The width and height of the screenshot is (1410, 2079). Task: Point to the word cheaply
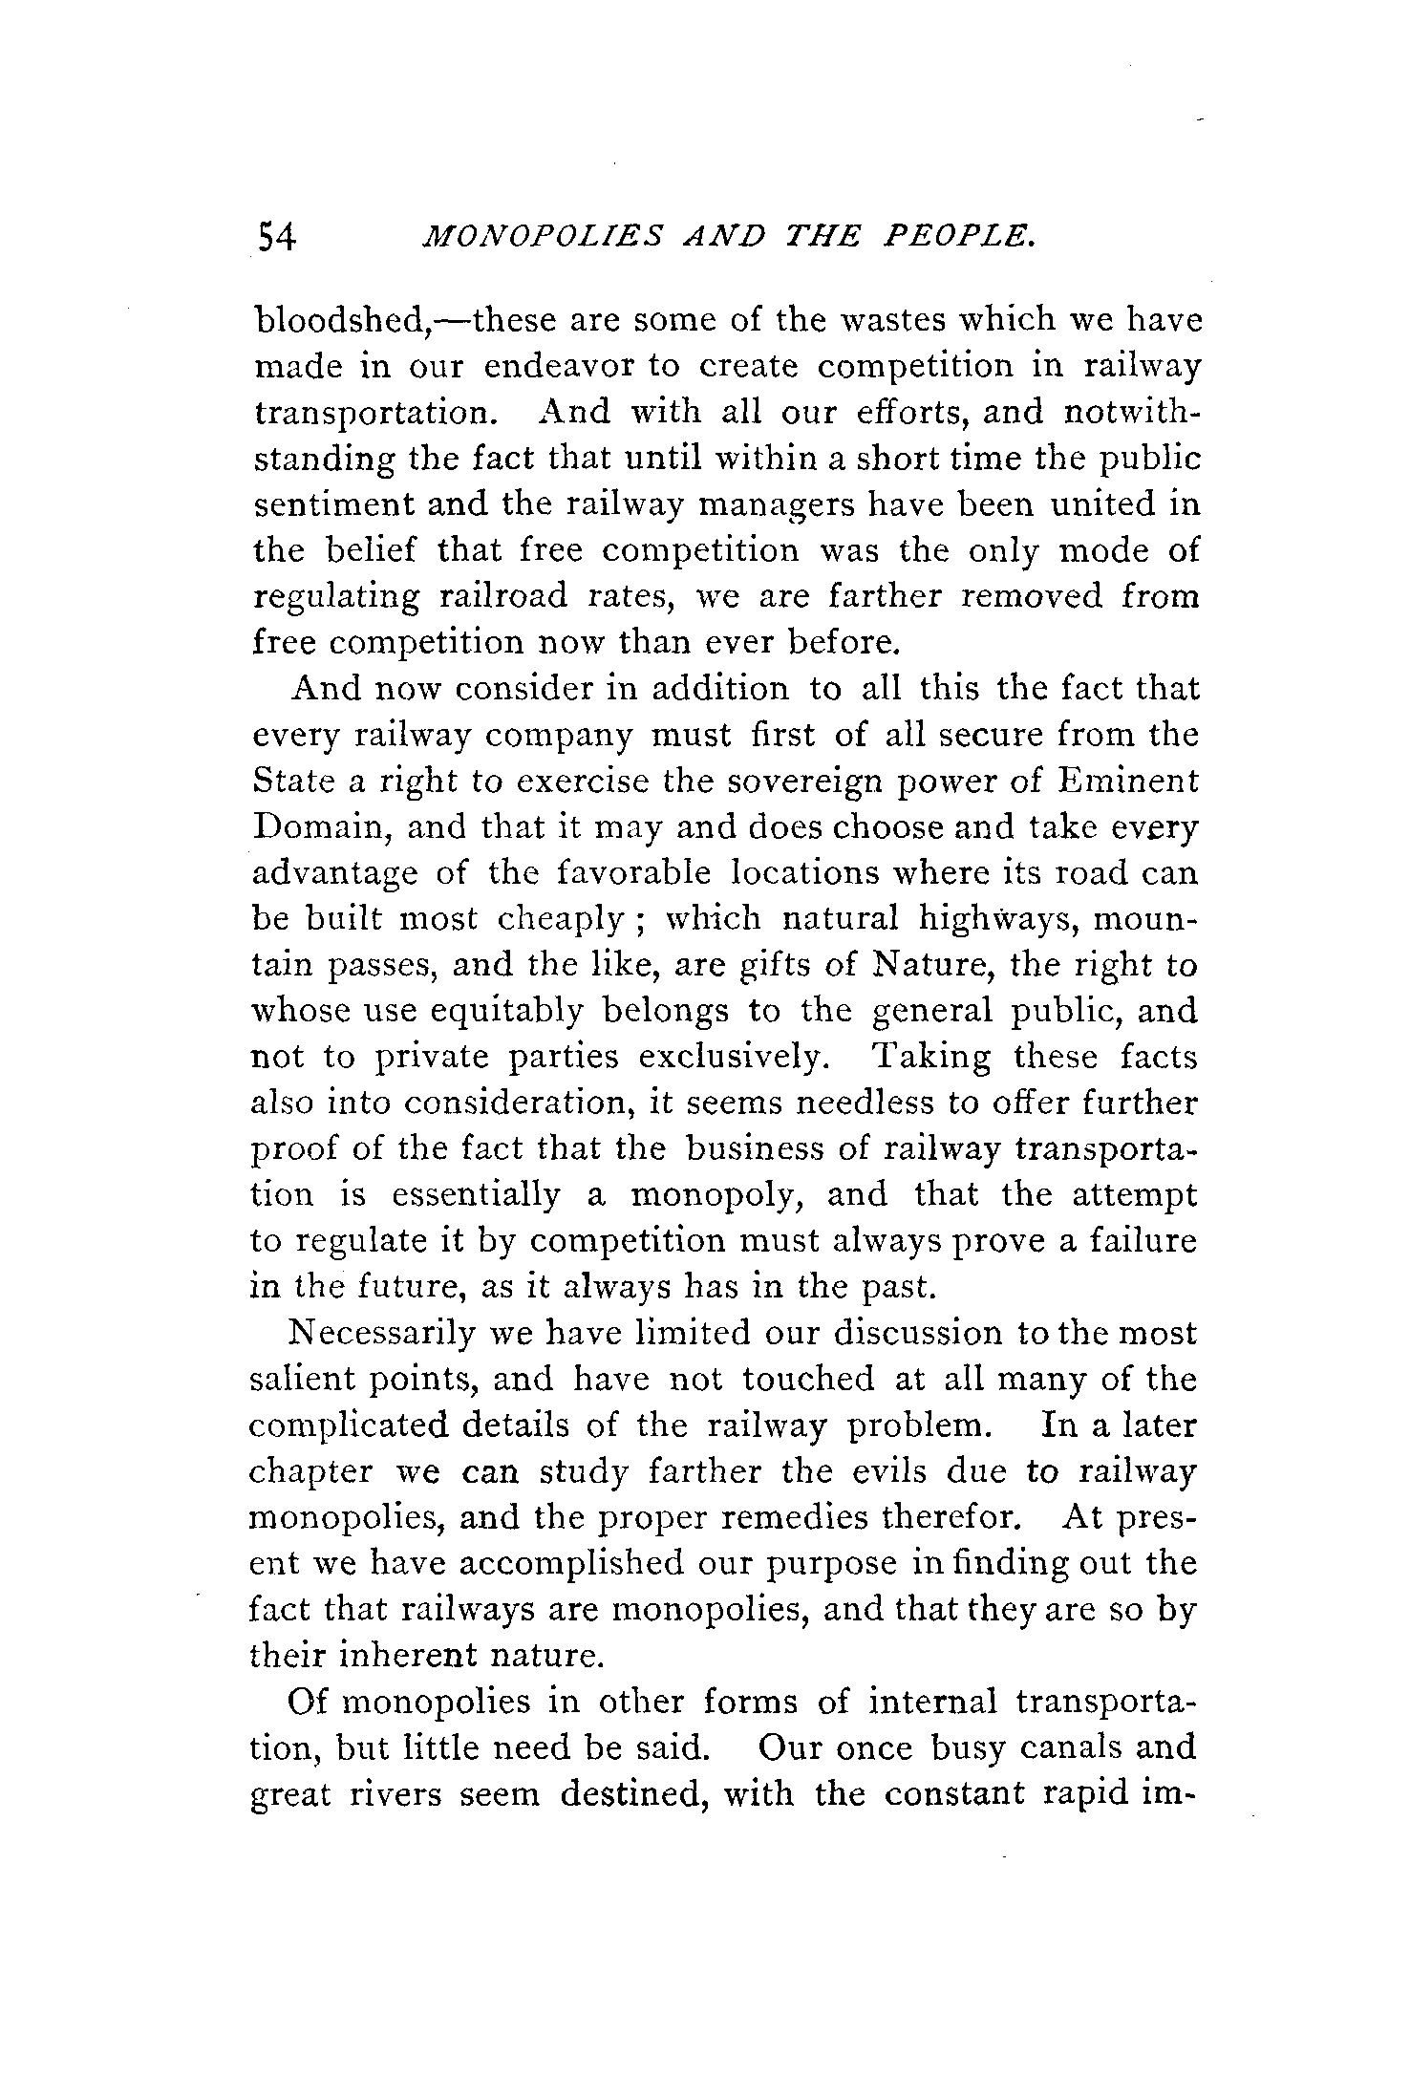[559, 920]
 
